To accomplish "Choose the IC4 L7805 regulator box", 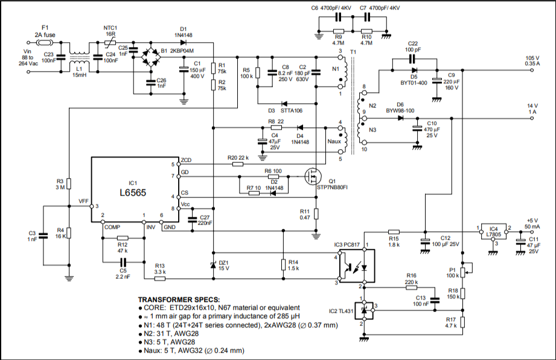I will coord(493,230).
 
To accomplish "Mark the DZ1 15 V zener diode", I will coord(213,266).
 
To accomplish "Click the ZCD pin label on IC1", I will coord(186,159).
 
